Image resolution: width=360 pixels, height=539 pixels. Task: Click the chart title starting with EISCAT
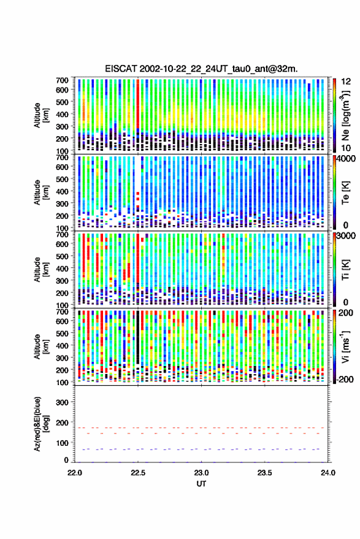click(202, 69)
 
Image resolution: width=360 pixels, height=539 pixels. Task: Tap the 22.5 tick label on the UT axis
click(138, 473)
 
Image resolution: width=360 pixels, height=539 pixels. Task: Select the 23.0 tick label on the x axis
click(202, 473)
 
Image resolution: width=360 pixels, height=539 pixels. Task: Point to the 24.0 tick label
click(328, 473)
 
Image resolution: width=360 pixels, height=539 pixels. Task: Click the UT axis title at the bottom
click(202, 484)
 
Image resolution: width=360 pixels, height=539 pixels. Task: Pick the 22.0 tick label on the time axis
click(75, 473)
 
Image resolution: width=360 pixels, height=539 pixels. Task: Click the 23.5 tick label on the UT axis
click(265, 473)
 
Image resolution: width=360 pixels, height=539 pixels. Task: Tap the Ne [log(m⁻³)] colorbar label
click(345, 115)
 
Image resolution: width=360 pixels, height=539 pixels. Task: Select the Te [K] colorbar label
click(345, 193)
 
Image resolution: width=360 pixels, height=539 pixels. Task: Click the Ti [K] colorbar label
click(345, 270)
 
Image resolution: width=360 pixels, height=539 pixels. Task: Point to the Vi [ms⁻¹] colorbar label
click(345, 346)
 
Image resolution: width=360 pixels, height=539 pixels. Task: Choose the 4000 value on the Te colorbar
click(347, 159)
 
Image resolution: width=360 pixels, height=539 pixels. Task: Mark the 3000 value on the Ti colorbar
click(347, 236)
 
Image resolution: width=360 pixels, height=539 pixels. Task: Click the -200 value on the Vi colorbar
click(345, 379)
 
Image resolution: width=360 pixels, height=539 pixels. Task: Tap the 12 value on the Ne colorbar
click(347, 82)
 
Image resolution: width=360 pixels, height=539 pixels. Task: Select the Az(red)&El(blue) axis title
click(42, 424)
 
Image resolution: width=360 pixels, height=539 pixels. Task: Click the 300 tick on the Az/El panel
click(62, 402)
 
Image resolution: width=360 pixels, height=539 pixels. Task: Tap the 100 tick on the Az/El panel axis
click(62, 443)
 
